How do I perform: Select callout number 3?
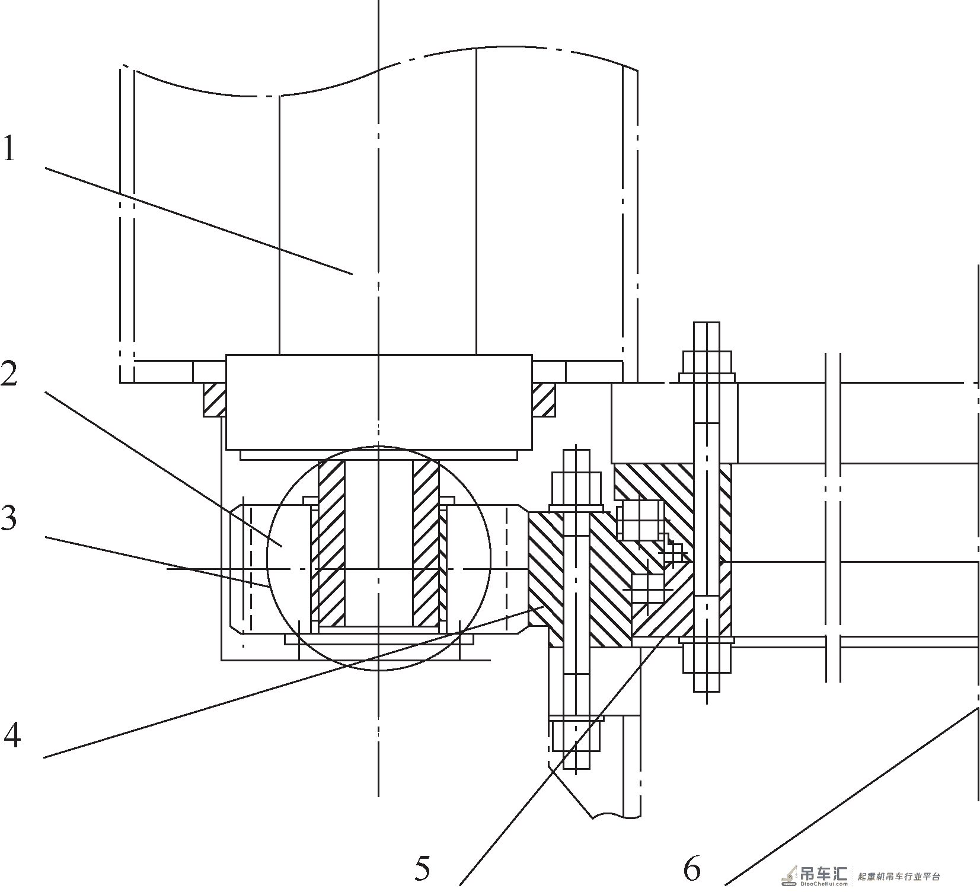(8, 518)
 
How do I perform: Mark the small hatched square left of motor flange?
(215, 399)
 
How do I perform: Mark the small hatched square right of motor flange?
(543, 399)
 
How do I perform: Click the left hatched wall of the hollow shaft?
(331, 543)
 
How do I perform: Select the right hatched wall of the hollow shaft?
(426, 543)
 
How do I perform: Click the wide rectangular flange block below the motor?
(379, 402)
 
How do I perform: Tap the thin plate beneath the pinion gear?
(379, 639)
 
